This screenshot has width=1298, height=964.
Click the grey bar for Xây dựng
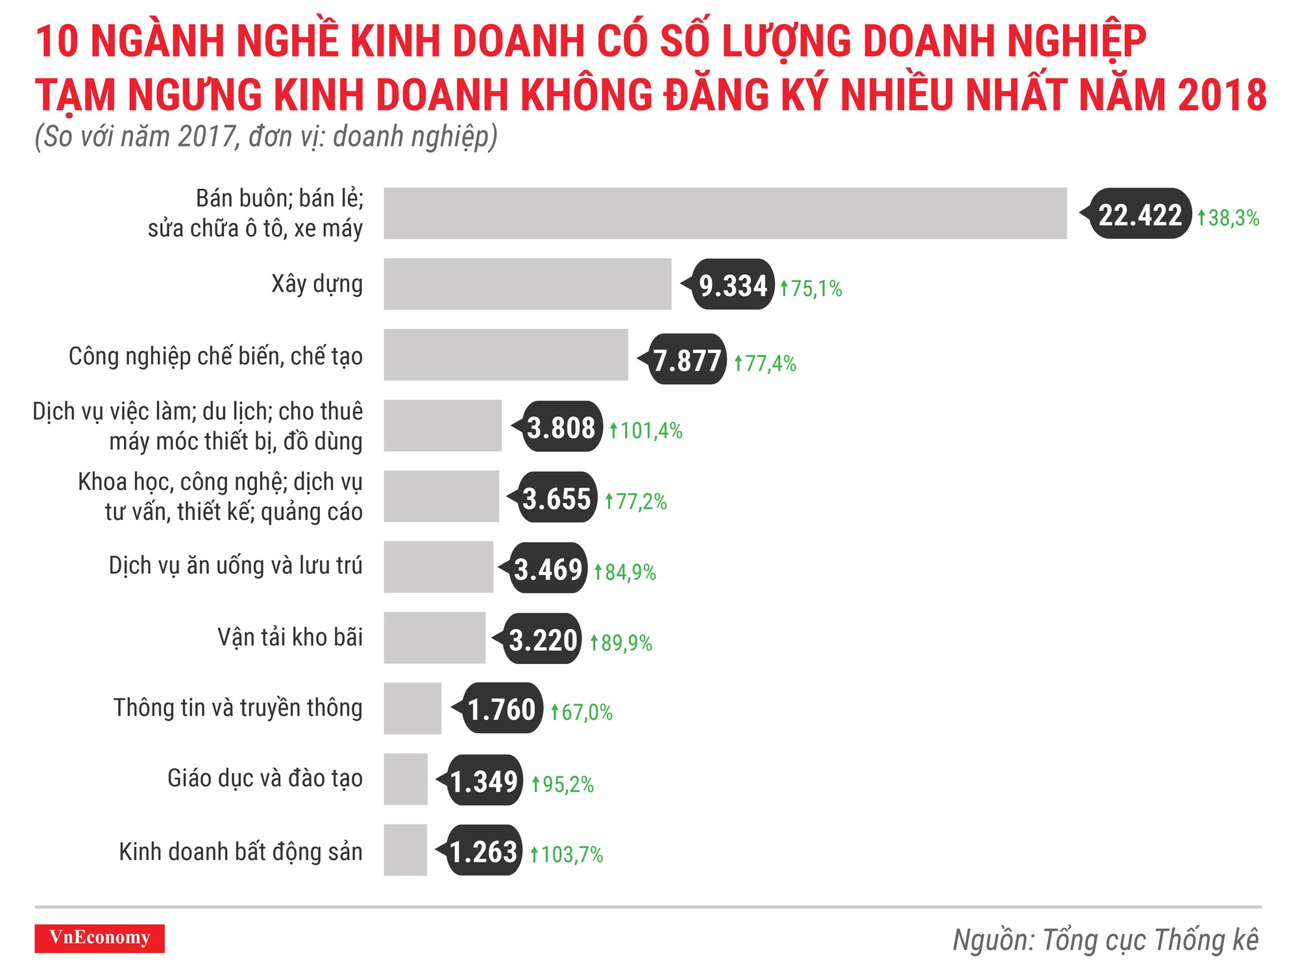[x=527, y=284]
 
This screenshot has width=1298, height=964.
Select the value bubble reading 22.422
[x=1140, y=214]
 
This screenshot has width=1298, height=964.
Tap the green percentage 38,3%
[x=1228, y=217]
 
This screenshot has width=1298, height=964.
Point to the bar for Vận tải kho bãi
[x=434, y=637]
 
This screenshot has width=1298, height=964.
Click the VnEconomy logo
[x=99, y=938]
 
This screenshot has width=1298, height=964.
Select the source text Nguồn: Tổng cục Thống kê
[x=1105, y=939]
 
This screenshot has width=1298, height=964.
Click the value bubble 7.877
[x=687, y=360]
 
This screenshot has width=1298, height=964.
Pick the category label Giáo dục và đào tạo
[x=265, y=778]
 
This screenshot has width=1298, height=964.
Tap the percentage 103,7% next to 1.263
[x=567, y=854]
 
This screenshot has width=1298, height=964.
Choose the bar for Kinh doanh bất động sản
[x=405, y=850]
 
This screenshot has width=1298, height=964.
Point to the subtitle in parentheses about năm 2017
[x=266, y=137]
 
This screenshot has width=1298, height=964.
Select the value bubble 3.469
[x=548, y=569]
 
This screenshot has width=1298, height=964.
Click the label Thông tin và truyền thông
[x=238, y=708]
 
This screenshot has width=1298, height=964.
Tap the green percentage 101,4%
[x=646, y=430]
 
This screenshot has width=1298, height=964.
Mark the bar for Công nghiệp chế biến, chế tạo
[x=506, y=354]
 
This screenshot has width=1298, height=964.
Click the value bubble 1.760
[x=502, y=709]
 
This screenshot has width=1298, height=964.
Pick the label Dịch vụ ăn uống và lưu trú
[x=235, y=565]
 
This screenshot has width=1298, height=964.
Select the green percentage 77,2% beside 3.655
[x=635, y=501]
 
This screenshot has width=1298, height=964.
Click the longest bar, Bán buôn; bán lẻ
[x=725, y=213]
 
